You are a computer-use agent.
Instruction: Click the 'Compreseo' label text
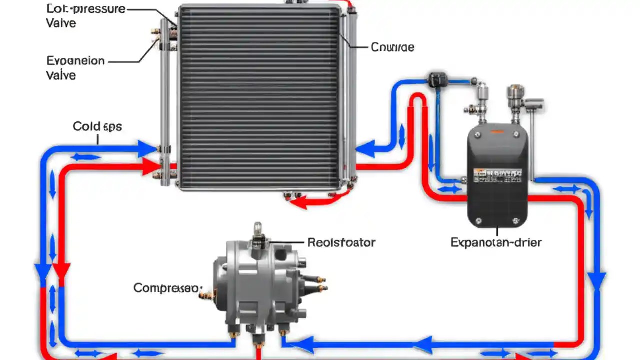[167, 288]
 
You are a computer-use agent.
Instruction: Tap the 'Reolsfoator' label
[341, 243]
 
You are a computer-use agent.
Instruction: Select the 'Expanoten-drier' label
[496, 243]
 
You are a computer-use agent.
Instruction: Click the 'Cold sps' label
[97, 126]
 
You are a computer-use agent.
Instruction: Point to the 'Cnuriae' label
[392, 47]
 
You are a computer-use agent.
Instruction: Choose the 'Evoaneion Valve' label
[75, 68]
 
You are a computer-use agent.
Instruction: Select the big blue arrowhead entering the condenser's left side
[147, 148]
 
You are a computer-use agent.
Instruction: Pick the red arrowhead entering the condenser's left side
[150, 168]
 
